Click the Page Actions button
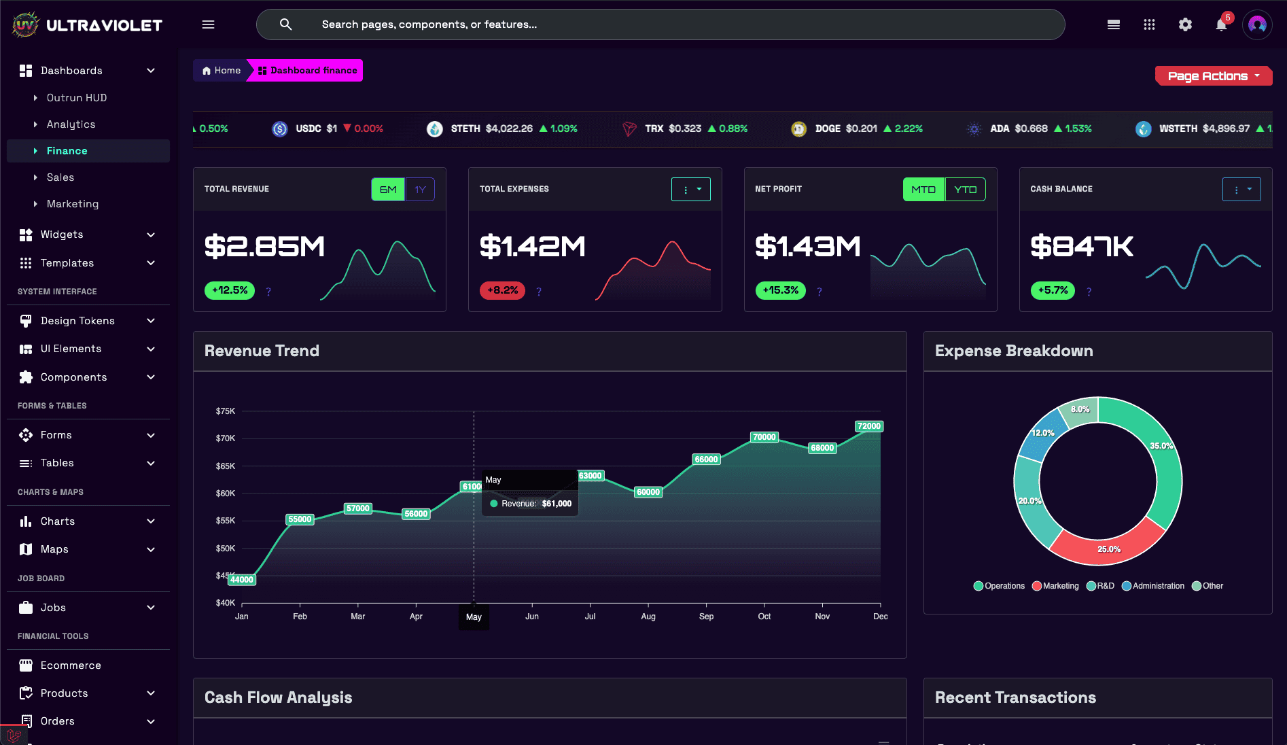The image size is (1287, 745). [1213, 76]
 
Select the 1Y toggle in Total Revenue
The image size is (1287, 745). [420, 190]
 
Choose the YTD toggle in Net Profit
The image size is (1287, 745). [965, 190]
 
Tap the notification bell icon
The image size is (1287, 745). [1221, 25]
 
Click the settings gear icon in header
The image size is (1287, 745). [1185, 25]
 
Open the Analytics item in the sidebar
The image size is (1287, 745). [71, 124]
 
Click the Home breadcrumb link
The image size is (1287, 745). [222, 71]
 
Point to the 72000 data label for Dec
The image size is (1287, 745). [868, 426]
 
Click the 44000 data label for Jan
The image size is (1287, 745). [241, 580]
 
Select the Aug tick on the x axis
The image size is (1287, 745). [648, 617]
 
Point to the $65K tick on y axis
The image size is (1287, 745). [225, 466]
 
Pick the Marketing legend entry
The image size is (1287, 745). [1055, 586]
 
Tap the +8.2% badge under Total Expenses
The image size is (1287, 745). [502, 290]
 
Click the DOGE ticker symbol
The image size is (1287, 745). [828, 128]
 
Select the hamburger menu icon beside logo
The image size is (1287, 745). [208, 25]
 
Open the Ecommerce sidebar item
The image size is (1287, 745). [71, 665]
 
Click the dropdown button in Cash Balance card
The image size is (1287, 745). [1241, 190]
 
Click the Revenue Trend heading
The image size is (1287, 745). [262, 351]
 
